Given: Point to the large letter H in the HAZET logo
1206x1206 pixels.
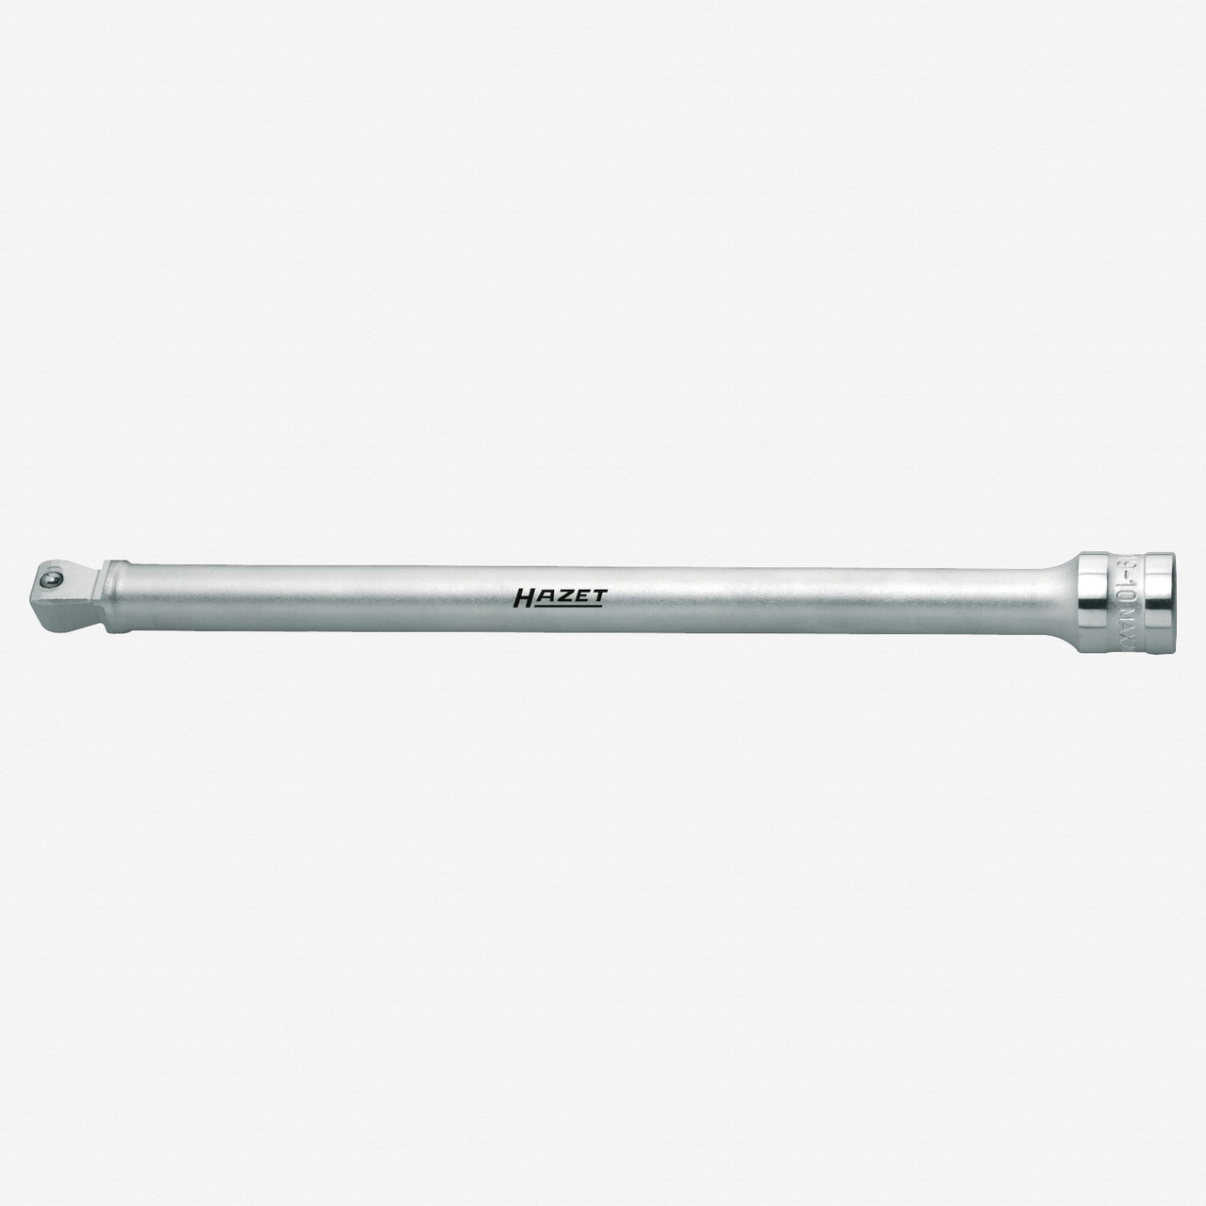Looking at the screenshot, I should [526, 595].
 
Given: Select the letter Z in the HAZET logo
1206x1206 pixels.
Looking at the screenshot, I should [563, 595].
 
